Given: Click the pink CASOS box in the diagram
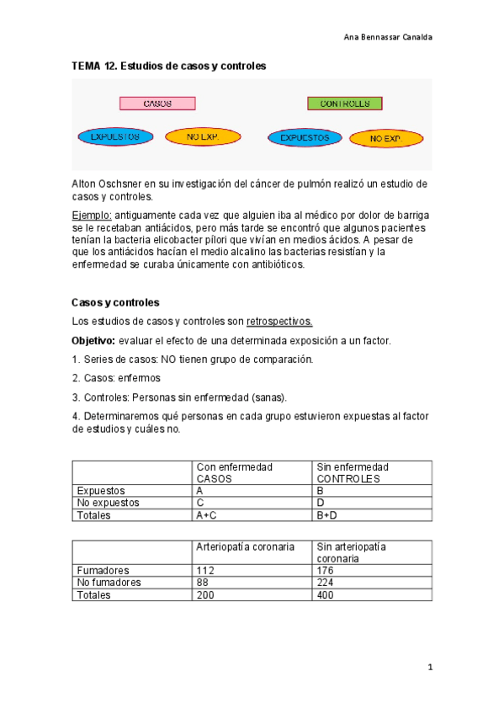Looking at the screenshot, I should (157, 104).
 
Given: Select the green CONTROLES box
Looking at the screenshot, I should (344, 104).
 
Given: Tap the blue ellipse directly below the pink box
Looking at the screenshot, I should (115, 136).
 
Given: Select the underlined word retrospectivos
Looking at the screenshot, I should (279, 321).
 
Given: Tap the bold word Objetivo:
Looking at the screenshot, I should (93, 340).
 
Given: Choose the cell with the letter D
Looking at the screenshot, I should (319, 503).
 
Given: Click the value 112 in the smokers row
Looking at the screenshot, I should (205, 569).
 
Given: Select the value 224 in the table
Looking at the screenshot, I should (326, 582).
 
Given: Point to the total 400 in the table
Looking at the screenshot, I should (326, 594).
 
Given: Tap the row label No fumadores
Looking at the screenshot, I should (109, 582).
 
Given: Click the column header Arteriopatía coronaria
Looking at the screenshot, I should (245, 546).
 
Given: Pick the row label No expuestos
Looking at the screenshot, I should (108, 503).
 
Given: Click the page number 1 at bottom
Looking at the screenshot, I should (429, 668).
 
